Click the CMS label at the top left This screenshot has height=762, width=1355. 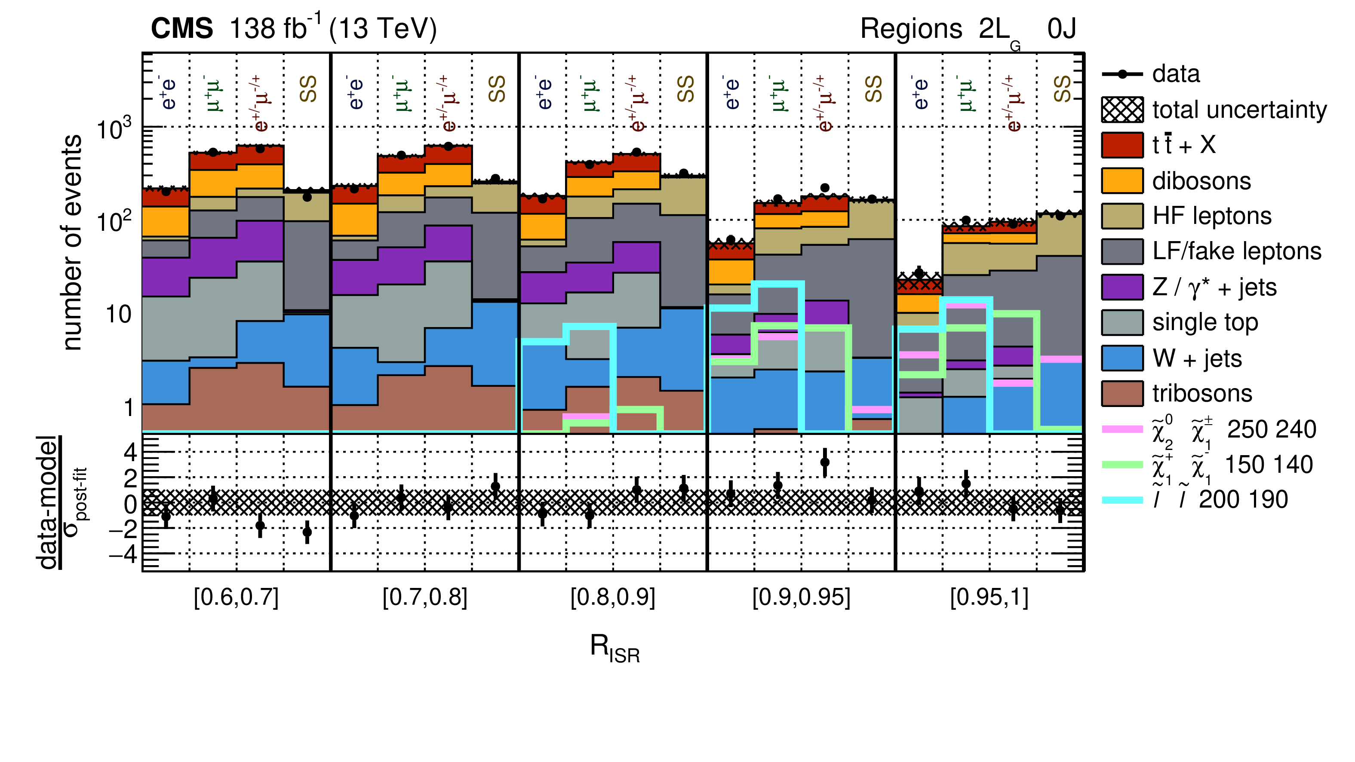pos(181,28)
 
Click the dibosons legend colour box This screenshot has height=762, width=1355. pos(1122,181)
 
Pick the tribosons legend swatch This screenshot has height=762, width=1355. pos(1122,393)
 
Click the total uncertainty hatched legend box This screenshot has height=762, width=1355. pos(1122,110)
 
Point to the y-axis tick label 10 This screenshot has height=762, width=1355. pos(118,315)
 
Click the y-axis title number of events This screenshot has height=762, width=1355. pos(72,242)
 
